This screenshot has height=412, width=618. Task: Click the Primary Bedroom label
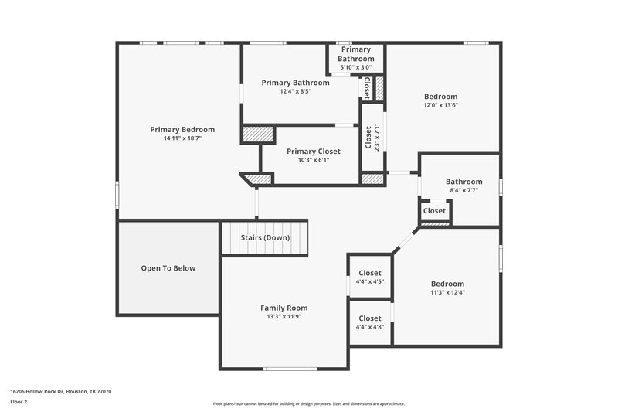pos(182,129)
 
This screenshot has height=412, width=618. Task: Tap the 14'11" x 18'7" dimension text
pos(182,139)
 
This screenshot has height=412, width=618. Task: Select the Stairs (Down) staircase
pos(265,237)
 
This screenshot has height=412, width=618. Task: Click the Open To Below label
pos(168,268)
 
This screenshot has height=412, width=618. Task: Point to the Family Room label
pos(284,308)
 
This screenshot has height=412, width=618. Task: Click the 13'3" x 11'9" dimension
pos(284,317)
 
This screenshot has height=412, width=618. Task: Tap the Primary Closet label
pos(313,152)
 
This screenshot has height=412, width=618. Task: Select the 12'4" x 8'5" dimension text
pos(295,91)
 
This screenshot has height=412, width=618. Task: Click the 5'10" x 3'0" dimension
pos(357,67)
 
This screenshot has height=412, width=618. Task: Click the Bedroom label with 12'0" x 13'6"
pos(440,97)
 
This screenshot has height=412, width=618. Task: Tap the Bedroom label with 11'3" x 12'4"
pos(447,284)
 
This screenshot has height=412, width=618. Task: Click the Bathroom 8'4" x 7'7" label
pos(463,182)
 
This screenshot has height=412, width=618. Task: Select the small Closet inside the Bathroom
pos(434,211)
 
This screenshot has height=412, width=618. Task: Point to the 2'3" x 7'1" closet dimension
pos(377,138)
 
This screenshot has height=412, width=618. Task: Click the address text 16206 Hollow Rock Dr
pos(61,392)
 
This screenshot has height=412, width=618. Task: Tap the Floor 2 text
pos(19,402)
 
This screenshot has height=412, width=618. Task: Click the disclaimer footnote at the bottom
pos(308,403)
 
